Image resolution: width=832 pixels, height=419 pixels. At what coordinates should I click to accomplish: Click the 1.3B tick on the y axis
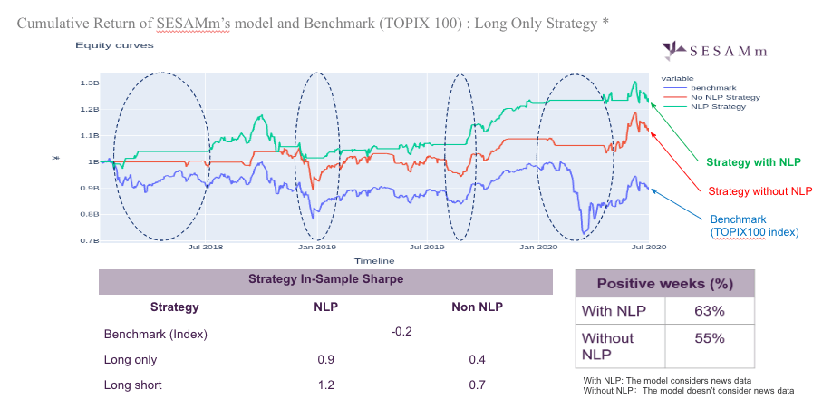coord(89,83)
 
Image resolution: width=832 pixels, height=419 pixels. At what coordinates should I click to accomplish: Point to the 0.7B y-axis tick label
coord(89,240)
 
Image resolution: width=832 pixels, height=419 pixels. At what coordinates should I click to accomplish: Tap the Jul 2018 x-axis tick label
coord(206,247)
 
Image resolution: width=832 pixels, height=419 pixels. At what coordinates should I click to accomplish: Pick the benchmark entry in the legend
coord(694,87)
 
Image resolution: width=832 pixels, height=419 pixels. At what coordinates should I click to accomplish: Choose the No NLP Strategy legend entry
coord(712,97)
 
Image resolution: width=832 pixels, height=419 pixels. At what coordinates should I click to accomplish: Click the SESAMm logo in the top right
coord(724,51)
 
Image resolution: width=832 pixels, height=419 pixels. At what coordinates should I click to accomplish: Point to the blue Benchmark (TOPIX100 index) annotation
coord(754,226)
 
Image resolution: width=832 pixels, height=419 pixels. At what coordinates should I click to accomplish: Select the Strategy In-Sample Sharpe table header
coord(325,279)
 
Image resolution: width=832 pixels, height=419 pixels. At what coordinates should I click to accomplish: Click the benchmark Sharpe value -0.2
coord(401,332)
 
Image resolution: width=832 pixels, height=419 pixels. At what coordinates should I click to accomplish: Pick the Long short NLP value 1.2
coord(325,385)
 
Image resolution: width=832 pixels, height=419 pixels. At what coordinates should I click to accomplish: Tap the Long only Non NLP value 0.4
coord(477,360)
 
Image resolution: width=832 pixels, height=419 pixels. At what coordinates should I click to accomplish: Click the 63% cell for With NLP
coord(710,312)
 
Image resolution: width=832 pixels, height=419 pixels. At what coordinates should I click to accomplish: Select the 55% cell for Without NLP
coord(710,338)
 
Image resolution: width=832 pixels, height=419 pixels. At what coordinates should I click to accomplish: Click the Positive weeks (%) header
coord(664,284)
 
